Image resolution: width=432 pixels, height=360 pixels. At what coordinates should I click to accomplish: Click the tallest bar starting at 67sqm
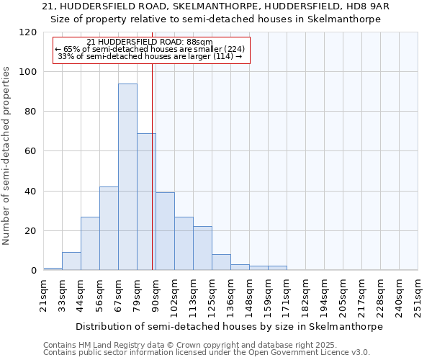[127, 176]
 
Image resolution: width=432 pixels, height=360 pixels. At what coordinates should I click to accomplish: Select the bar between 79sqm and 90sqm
[146, 202]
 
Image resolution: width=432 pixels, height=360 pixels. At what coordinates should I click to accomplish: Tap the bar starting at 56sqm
[109, 228]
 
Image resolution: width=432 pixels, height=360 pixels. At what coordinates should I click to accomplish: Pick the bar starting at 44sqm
[90, 243]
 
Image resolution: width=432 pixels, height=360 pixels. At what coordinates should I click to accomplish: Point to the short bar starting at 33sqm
[71, 261]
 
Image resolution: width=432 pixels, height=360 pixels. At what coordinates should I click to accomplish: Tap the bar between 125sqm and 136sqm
[221, 262]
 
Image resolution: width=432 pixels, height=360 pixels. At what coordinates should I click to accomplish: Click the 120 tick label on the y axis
[28, 32]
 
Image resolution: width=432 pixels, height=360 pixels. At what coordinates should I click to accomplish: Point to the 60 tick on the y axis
[31, 151]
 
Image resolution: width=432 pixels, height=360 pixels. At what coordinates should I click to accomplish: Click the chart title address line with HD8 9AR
[216, 6]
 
